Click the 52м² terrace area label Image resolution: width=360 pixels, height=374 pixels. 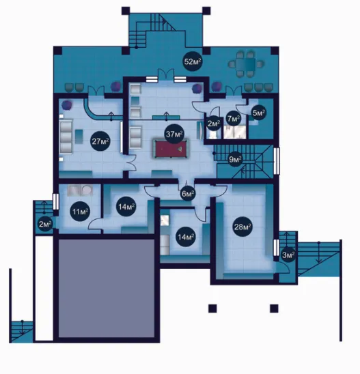(x=192, y=61)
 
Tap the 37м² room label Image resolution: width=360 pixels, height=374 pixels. (x=174, y=134)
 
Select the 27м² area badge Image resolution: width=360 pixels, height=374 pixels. (x=100, y=141)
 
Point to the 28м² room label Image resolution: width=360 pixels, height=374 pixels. (x=243, y=227)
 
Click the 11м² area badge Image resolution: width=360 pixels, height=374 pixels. (x=80, y=212)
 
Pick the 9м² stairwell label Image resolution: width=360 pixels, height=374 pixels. (x=235, y=160)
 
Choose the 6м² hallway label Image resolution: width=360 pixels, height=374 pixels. (x=188, y=193)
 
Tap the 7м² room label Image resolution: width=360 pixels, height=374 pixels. (x=234, y=119)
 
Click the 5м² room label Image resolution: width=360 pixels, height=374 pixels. (x=259, y=113)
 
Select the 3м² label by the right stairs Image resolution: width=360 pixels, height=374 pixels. (x=288, y=255)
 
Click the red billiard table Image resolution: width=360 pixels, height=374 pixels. (x=170, y=149)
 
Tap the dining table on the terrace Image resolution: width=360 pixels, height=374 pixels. (x=246, y=64)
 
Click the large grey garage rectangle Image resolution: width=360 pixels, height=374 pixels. (x=107, y=289)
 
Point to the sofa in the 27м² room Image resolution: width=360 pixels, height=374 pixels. (x=66, y=136)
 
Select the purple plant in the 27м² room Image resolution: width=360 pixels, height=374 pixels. (x=67, y=105)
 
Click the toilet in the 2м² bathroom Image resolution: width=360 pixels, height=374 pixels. (x=213, y=134)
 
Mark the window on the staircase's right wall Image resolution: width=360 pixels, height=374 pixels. (x=277, y=161)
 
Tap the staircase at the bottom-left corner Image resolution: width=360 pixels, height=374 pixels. (x=21, y=332)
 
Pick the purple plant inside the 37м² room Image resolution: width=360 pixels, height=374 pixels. (x=197, y=88)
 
